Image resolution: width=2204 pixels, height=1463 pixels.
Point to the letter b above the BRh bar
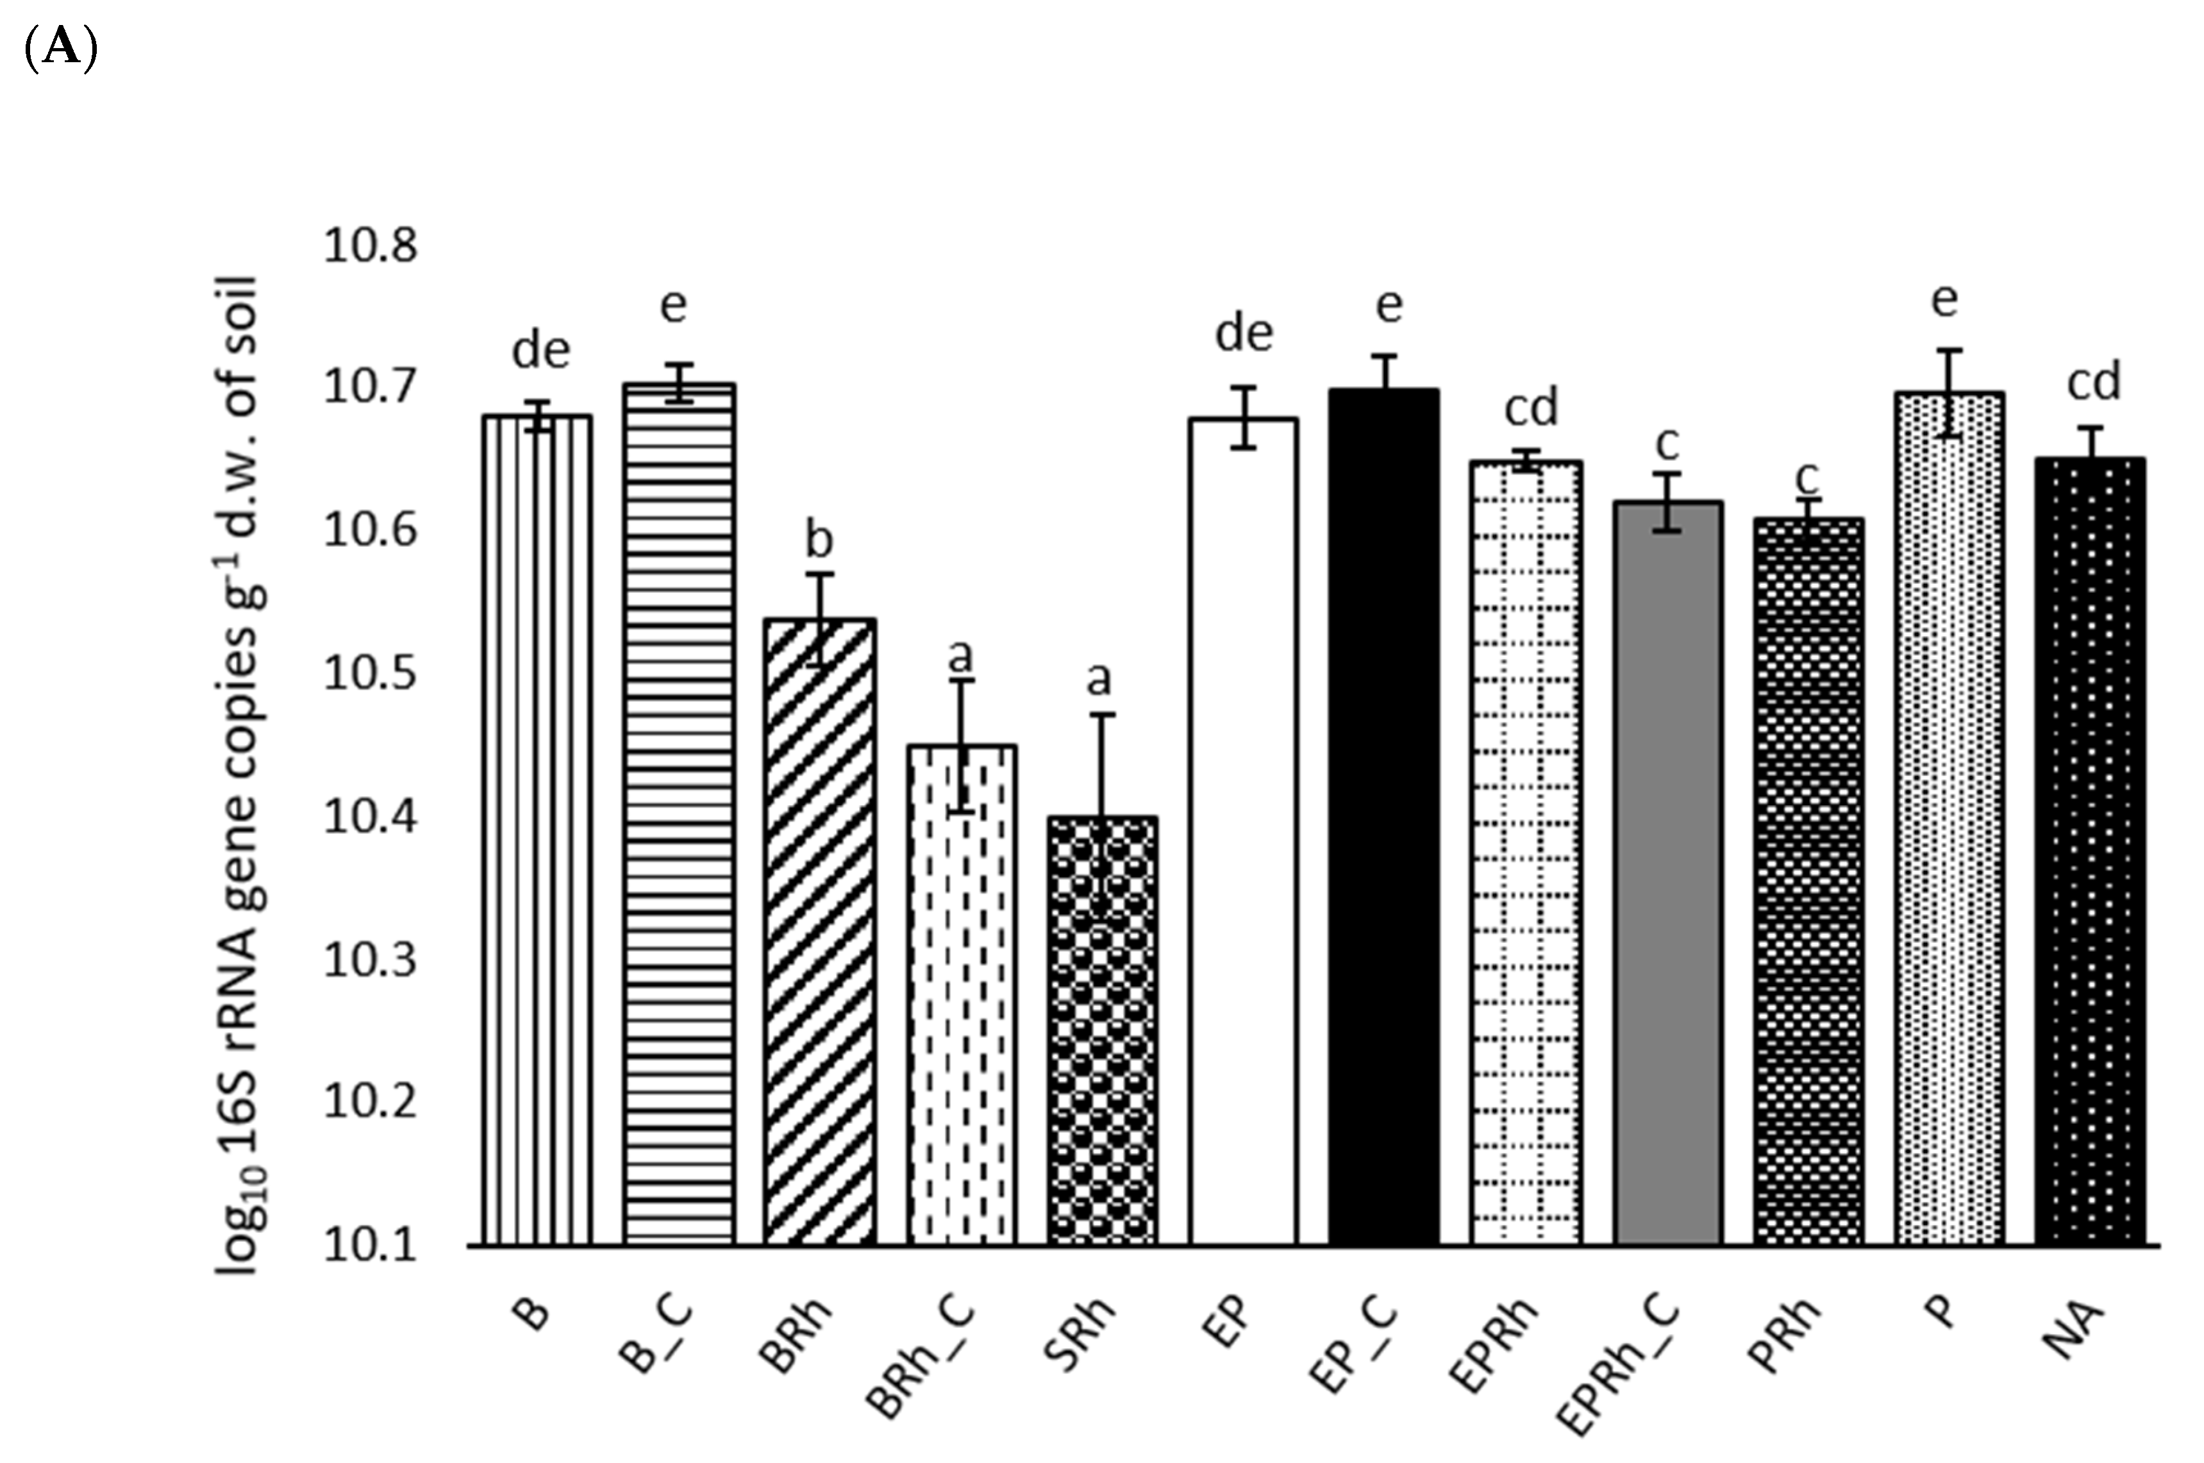pyautogui.click(x=818, y=539)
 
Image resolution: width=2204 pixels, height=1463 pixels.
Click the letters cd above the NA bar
pyautogui.click(x=2094, y=381)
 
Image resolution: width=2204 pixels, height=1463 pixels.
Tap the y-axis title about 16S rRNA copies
pyautogui.click(x=240, y=774)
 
